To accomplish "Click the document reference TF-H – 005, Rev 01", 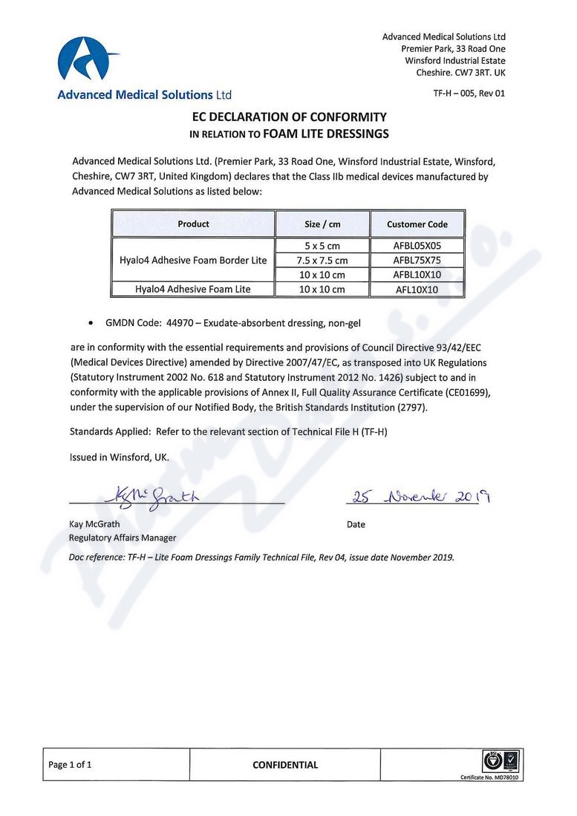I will point(469,94).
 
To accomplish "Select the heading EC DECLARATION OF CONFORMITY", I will point(290,117).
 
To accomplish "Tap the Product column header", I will point(193,223).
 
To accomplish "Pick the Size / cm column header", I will point(322,224).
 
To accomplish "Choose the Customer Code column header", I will point(417,224).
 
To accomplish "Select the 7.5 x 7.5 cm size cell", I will point(322,260).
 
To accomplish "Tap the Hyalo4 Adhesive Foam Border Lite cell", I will point(193,260).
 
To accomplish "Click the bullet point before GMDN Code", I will point(91,324).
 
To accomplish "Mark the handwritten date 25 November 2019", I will point(420,496).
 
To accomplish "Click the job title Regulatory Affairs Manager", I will point(123,538).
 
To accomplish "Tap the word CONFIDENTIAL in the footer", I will point(285,765).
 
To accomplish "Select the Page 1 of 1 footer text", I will point(70,765).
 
